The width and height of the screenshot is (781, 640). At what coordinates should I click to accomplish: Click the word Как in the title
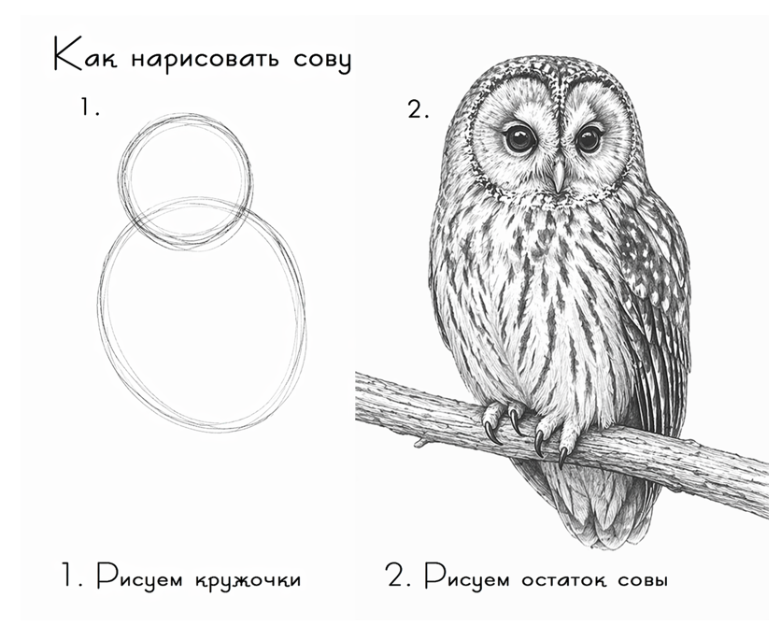86,56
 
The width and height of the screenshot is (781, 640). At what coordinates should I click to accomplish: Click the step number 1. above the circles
91,107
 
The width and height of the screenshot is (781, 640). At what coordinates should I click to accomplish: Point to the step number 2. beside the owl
418,109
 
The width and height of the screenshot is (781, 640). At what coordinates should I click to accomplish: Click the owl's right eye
588,138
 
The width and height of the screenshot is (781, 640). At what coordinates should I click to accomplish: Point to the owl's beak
559,176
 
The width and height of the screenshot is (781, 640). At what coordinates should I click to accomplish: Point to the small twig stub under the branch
421,442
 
